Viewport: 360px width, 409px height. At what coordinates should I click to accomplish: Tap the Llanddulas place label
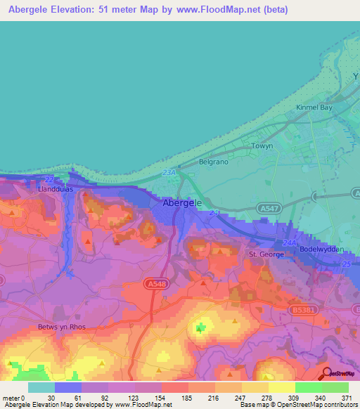click(x=55, y=190)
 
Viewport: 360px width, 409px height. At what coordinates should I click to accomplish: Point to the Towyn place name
click(x=263, y=146)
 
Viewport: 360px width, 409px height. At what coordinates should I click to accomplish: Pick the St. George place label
click(x=266, y=254)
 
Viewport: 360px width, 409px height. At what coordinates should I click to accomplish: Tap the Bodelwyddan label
click(x=322, y=250)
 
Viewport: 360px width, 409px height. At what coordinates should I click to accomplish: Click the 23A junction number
click(x=167, y=171)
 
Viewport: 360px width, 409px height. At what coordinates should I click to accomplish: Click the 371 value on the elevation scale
click(x=347, y=398)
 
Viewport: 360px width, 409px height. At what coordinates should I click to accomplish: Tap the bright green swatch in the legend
click(x=308, y=387)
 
